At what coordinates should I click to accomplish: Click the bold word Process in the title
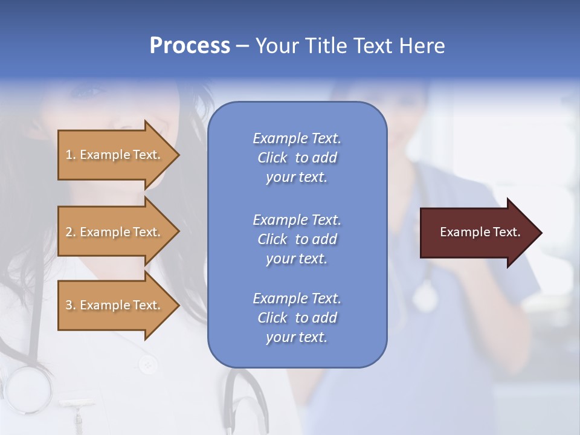190,46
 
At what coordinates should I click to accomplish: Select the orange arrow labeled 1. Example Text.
115,155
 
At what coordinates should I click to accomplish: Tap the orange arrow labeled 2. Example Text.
115,232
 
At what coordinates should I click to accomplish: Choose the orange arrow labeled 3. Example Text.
115,305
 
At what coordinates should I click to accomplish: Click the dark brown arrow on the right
477,233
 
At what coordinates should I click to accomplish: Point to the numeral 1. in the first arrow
71,155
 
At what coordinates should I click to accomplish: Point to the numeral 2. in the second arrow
71,232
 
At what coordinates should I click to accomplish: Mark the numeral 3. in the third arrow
71,305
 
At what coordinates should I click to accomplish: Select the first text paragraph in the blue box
297,158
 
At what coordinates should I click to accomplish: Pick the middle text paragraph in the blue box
297,239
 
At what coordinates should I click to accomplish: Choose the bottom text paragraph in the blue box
297,318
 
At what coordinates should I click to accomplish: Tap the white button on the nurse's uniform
147,364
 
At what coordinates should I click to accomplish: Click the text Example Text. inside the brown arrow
480,232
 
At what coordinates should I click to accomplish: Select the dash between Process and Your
243,47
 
